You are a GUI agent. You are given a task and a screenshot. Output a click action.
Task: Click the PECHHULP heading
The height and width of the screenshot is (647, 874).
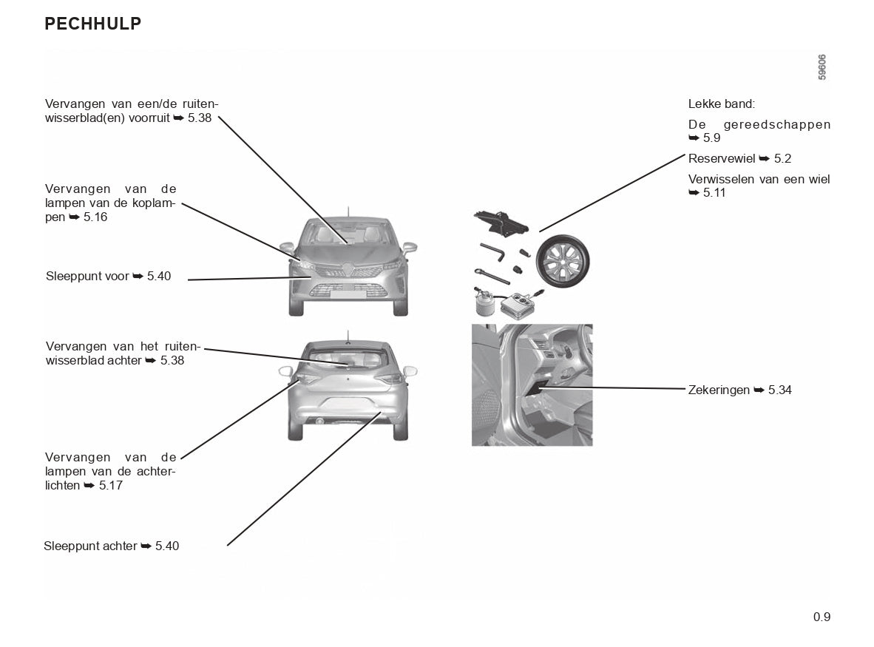(92, 24)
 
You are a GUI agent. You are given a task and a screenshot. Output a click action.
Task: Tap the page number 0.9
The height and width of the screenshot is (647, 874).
(822, 617)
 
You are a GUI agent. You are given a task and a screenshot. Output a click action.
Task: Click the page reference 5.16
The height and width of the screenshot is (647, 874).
(95, 217)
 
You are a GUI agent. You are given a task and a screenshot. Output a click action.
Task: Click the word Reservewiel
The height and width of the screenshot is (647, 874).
(721, 158)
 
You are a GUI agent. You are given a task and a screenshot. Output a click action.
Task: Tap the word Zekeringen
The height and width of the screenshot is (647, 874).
(719, 390)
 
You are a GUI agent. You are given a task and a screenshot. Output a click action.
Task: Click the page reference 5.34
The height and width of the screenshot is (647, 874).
(780, 390)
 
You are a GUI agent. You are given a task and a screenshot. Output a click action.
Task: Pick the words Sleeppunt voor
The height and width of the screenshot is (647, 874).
(87, 276)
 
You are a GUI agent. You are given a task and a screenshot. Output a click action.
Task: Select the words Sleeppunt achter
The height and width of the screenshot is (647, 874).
(90, 546)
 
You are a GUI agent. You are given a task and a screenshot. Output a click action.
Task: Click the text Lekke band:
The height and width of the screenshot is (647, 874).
(721, 104)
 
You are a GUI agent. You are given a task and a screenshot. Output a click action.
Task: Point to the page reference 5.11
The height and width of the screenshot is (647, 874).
(714, 192)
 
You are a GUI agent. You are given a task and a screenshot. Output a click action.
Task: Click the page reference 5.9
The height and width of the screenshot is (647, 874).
(711, 138)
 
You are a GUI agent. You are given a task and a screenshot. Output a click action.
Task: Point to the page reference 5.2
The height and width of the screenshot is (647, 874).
(782, 158)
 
